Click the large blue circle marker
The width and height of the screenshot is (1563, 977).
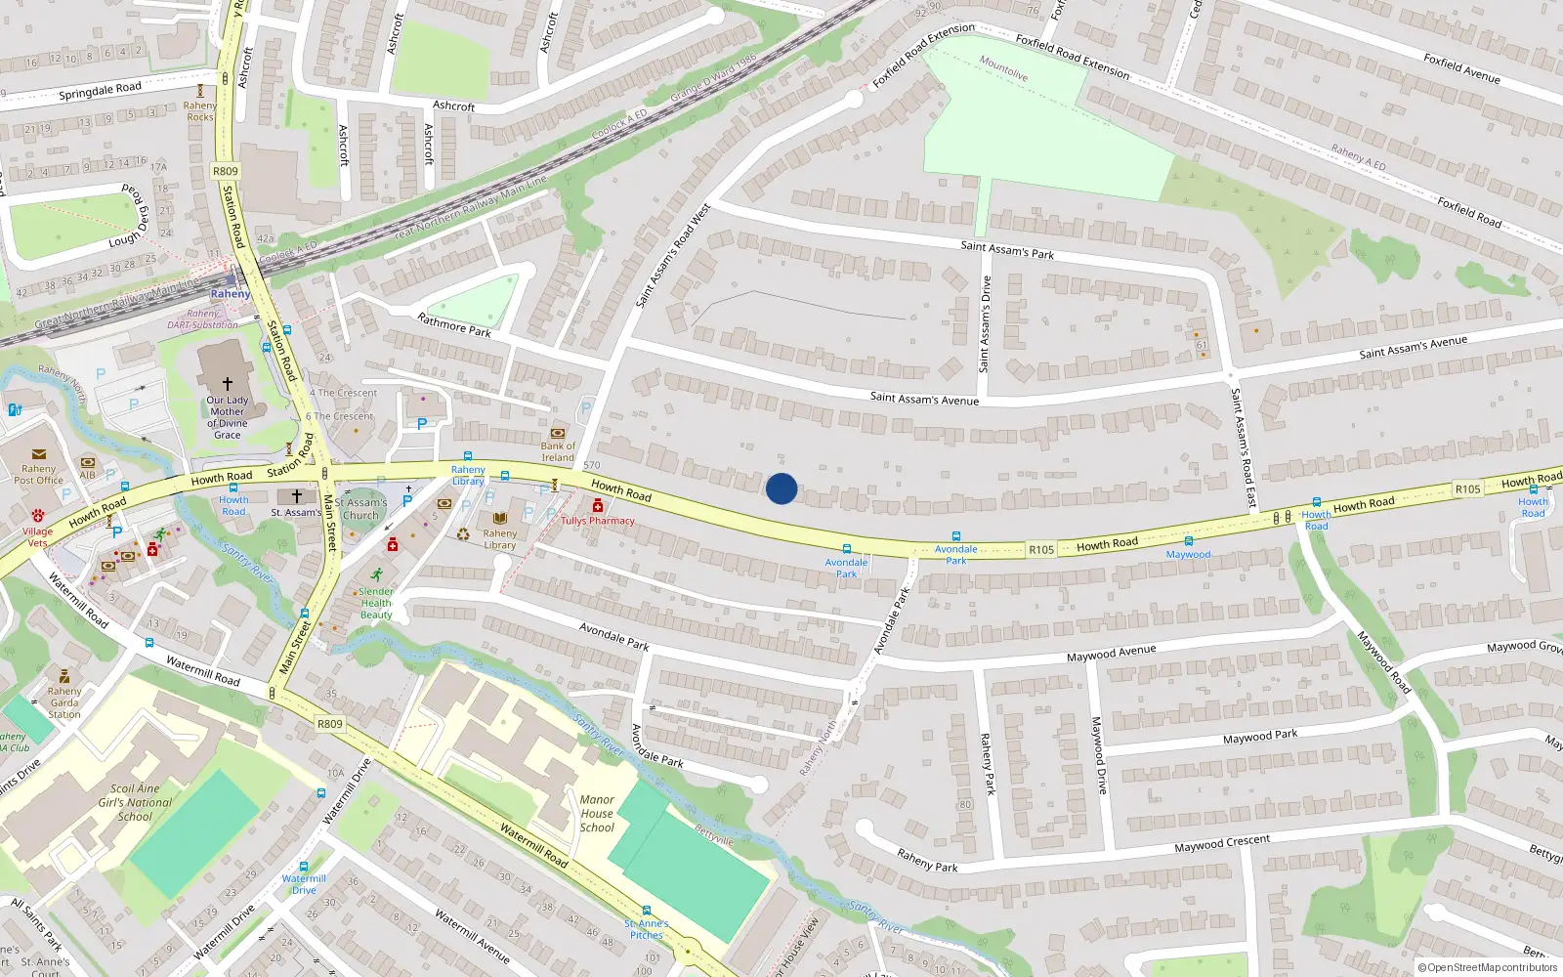click(781, 488)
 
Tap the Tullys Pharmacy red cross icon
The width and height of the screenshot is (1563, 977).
click(597, 505)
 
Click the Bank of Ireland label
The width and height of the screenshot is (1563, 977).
click(558, 451)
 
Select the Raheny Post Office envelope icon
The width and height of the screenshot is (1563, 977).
click(39, 454)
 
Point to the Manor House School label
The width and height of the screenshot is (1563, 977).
click(597, 813)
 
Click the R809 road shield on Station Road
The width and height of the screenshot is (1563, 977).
click(225, 171)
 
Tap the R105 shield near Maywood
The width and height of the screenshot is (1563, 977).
click(1041, 550)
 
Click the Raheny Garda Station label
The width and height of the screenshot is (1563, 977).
click(64, 702)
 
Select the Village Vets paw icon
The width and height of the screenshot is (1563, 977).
click(37, 515)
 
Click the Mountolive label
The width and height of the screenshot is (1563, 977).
click(1003, 68)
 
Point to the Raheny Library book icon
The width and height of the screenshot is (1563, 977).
click(500, 518)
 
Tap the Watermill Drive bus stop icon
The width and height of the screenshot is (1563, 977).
click(304, 867)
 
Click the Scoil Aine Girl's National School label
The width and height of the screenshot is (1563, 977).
click(135, 802)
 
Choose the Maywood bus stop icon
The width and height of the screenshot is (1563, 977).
click(1188, 541)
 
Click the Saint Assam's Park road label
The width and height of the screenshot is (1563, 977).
click(1007, 250)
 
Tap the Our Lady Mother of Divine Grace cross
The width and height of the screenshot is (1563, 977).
click(228, 384)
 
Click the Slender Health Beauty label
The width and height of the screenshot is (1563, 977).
click(376, 603)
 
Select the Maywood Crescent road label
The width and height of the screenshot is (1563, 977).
click(1221, 844)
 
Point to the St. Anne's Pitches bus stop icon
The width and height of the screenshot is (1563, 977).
click(646, 911)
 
